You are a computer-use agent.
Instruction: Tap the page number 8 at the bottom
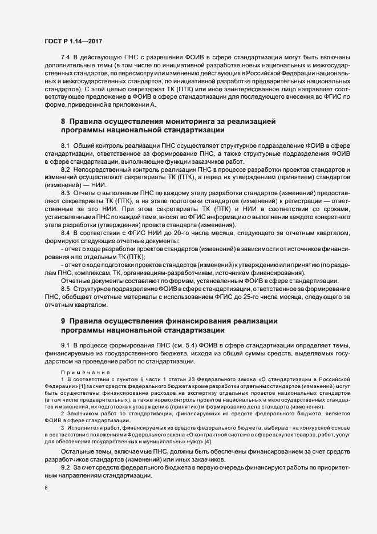coord(46,488)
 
